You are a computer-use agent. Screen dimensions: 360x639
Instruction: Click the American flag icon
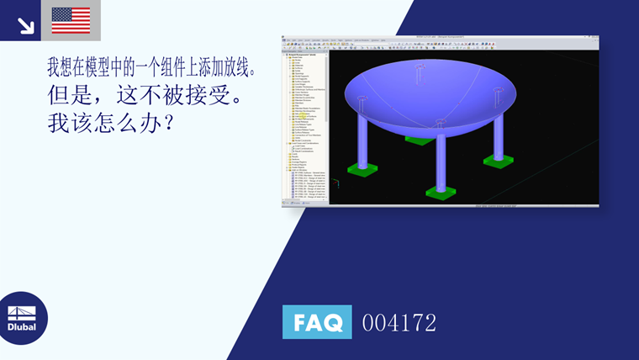71,20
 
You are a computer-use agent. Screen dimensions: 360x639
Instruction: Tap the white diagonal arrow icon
25,25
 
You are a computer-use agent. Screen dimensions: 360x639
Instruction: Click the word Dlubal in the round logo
22,326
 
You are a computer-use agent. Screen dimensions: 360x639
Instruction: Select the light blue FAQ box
317,322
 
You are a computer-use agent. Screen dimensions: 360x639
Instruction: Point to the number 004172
399,322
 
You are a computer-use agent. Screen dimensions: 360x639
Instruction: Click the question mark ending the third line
166,124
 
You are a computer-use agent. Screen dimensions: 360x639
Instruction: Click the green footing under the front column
441,192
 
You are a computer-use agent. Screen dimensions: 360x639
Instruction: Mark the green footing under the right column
498,161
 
